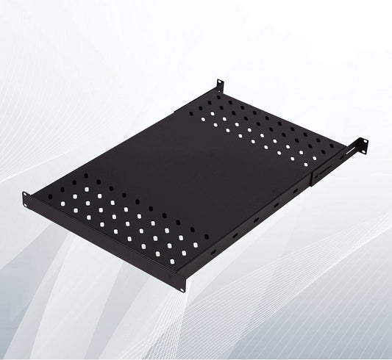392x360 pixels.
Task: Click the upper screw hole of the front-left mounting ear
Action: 26,196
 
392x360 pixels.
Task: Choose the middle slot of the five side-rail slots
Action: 255,220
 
